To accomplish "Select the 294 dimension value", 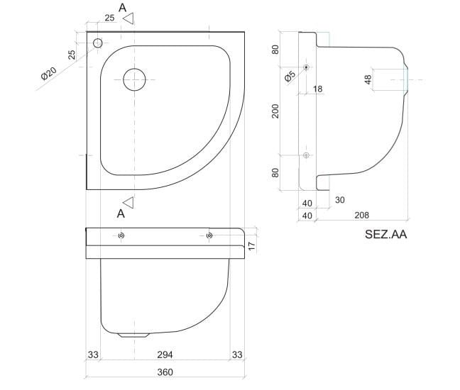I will (x=164, y=354).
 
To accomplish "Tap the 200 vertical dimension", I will (x=275, y=110).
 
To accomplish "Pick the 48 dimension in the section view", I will (x=368, y=79).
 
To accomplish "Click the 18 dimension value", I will (x=317, y=89).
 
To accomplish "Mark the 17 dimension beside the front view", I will (x=251, y=245).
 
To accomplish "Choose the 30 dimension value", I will (x=339, y=200).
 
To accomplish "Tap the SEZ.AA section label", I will (x=385, y=233).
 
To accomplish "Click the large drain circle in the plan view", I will (x=134, y=79).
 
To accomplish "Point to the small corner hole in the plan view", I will (x=97, y=43).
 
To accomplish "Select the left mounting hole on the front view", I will (x=122, y=236).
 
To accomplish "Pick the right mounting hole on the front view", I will (x=209, y=236).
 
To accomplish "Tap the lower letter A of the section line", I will (x=121, y=213).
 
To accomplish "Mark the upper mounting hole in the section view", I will (x=306, y=67).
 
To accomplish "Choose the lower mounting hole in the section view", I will (x=306, y=155).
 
